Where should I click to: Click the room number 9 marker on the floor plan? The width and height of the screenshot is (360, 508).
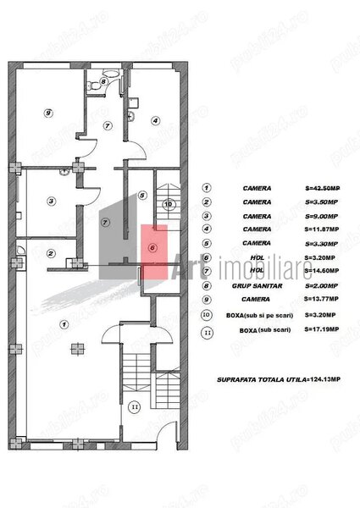click(x=48, y=113)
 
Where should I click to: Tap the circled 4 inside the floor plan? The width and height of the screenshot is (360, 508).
click(x=155, y=121)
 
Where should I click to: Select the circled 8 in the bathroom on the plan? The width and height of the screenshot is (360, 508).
click(x=103, y=82)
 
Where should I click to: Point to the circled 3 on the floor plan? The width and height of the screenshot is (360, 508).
click(x=52, y=201)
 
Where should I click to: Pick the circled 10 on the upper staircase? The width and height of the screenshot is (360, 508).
click(x=168, y=204)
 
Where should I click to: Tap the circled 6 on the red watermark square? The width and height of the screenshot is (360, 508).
click(x=152, y=247)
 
